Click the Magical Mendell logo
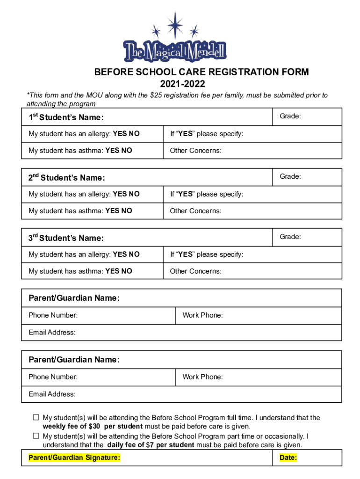point(174,44)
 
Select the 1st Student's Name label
point(66,117)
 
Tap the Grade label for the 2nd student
point(290,176)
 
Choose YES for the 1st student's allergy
point(120,134)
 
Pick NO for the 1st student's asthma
point(127,151)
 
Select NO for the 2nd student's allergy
point(134,194)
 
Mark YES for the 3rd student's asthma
point(112,271)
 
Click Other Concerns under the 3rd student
point(195,271)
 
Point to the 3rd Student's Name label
point(66,238)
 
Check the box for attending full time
point(36,417)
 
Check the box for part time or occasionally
point(36,436)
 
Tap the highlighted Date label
point(288,457)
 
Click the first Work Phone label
point(202,315)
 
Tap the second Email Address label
point(52,394)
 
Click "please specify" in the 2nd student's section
point(220,194)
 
